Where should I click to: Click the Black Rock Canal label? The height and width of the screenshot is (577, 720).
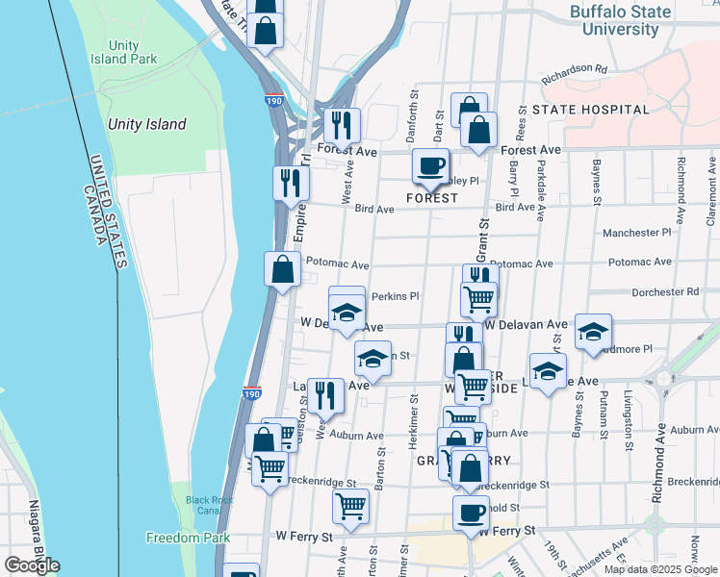pyautogui.click(x=210, y=506)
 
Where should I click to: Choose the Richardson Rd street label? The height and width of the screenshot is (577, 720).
pyautogui.click(x=575, y=69)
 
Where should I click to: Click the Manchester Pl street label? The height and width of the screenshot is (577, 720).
pyautogui.click(x=636, y=233)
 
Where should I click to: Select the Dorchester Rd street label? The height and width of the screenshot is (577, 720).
pyautogui.click(x=664, y=292)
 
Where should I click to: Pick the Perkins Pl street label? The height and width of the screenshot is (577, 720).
pyautogui.click(x=395, y=296)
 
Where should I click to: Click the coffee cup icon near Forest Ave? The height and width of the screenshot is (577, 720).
pyautogui.click(x=431, y=165)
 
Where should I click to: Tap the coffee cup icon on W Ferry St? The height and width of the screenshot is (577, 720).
pyautogui.click(x=470, y=513)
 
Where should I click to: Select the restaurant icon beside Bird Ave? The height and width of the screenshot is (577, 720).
pyautogui.click(x=291, y=182)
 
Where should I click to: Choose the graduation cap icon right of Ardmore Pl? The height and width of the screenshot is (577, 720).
pyautogui.click(x=593, y=332)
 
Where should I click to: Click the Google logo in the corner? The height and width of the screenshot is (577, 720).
pyautogui.click(x=32, y=565)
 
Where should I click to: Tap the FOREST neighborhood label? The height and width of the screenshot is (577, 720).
pyautogui.click(x=429, y=198)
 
